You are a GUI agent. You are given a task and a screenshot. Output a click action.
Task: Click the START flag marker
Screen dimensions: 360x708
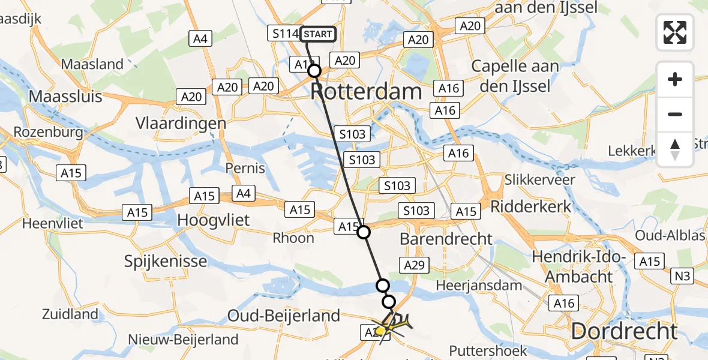click(x=317, y=34)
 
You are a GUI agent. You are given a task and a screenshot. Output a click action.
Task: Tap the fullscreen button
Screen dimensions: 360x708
click(x=675, y=32)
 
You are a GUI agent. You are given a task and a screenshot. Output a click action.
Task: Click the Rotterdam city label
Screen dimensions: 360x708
click(x=366, y=92)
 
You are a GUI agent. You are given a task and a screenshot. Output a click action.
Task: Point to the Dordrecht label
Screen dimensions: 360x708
click(x=624, y=331)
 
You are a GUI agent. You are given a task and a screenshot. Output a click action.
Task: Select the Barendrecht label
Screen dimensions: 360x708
click(x=446, y=238)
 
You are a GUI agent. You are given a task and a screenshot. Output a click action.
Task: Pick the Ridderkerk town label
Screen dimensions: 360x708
click(x=531, y=206)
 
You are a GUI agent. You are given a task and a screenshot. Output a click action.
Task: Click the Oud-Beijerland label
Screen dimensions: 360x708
click(x=287, y=315)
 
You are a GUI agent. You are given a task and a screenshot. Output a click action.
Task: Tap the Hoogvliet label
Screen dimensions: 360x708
click(x=214, y=220)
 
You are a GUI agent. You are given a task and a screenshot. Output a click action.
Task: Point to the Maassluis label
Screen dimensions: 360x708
click(x=66, y=96)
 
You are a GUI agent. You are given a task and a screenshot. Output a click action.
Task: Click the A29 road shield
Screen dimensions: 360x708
click(x=415, y=265)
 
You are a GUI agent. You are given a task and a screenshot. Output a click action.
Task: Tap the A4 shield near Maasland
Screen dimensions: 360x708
click(x=200, y=39)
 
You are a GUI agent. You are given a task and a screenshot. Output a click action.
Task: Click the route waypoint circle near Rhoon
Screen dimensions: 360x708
click(x=364, y=232)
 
